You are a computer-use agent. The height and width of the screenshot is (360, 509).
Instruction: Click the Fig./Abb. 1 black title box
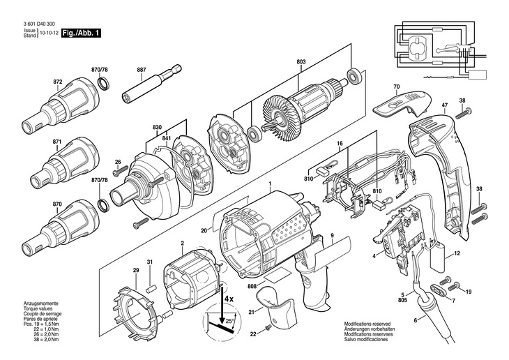click(81, 33)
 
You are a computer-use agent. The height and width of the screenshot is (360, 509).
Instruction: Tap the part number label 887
click(142, 70)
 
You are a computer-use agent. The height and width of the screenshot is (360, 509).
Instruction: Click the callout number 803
click(301, 61)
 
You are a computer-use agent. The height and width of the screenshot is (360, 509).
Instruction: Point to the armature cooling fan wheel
click(278, 119)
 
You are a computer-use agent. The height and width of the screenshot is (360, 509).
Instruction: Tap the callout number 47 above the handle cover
click(444, 105)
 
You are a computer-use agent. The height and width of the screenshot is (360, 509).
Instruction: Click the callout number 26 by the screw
click(118, 161)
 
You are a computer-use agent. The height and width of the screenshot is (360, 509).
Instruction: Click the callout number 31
click(149, 262)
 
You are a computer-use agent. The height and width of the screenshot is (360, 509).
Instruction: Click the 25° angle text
click(229, 321)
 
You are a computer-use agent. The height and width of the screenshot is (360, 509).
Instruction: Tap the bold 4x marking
click(228, 299)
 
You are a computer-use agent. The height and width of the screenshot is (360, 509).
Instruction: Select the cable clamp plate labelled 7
click(436, 289)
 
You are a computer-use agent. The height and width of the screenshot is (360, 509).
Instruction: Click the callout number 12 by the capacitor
click(457, 253)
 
